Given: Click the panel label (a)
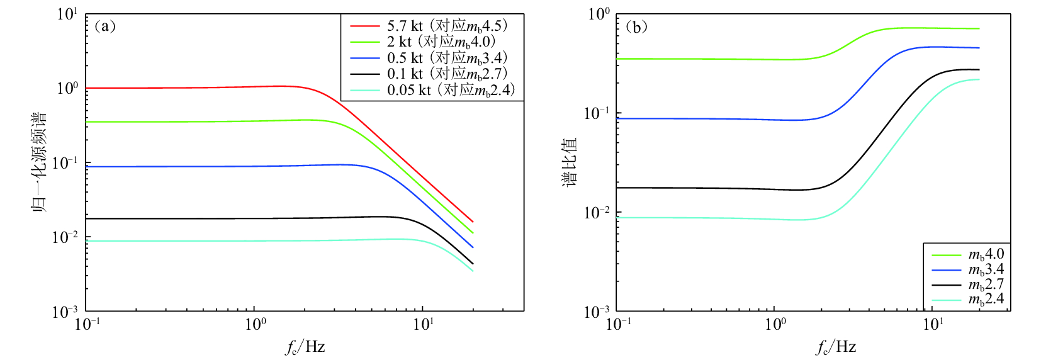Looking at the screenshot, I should (x=104, y=26).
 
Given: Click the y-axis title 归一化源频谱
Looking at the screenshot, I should (x=39, y=162).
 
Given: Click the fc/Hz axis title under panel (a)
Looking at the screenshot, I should (x=305, y=347).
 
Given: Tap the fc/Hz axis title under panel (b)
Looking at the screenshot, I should (x=836, y=347).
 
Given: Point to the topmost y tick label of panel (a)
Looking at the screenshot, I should (x=67, y=14).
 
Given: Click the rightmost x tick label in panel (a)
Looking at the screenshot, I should (x=423, y=324).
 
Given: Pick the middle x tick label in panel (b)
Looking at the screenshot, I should (x=775, y=324).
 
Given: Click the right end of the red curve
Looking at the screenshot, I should (x=473, y=222).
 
